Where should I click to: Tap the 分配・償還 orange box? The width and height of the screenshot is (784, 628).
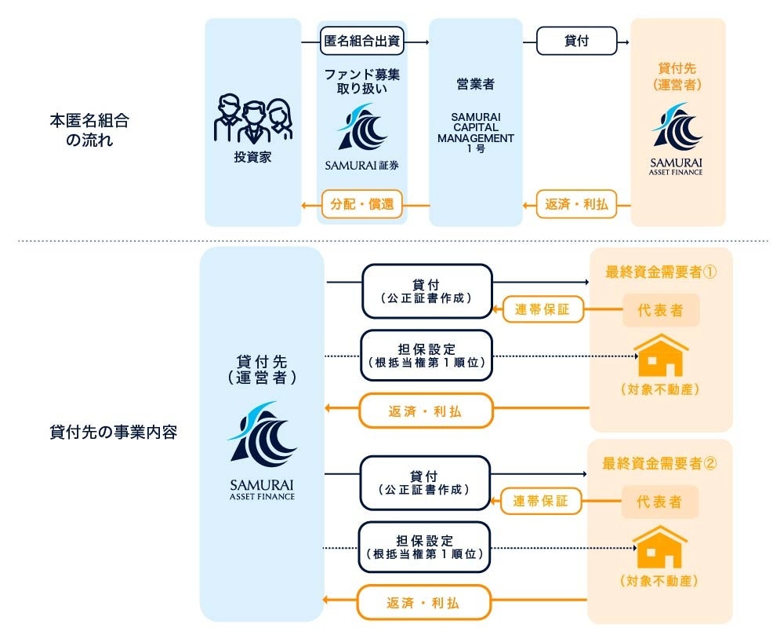click(362, 206)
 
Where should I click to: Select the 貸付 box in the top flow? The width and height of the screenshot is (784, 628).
click(577, 42)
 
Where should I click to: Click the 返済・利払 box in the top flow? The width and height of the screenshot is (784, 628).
click(576, 206)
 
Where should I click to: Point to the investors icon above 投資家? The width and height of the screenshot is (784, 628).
click(252, 119)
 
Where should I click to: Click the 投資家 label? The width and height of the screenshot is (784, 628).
click(252, 157)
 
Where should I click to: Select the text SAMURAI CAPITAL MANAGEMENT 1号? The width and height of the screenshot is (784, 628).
click(475, 133)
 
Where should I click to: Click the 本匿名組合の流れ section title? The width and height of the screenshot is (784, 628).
click(89, 130)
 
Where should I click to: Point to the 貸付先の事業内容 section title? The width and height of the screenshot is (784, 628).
click(113, 431)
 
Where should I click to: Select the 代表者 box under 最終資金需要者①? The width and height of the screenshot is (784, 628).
click(661, 310)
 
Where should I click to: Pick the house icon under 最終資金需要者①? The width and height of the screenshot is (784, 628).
click(660, 355)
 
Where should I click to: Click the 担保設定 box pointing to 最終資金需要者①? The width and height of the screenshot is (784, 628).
click(426, 356)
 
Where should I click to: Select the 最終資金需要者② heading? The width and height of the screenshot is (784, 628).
click(660, 462)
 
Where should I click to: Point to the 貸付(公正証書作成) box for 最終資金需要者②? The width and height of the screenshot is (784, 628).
click(424, 482)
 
